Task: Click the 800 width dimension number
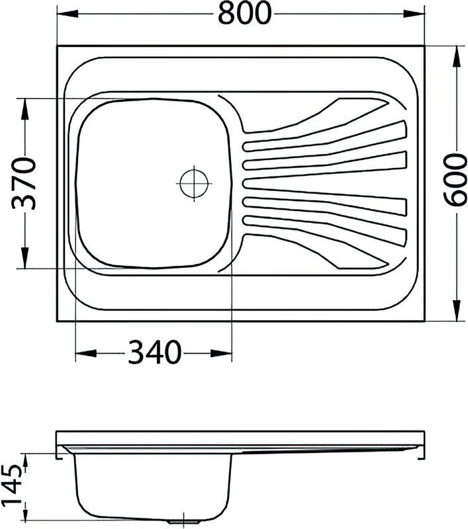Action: click(x=244, y=13)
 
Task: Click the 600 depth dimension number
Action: click(x=454, y=179)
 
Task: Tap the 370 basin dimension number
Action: click(x=24, y=183)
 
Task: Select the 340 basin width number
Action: click(x=154, y=352)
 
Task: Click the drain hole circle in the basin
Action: click(x=194, y=183)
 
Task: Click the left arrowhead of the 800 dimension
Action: click(x=68, y=13)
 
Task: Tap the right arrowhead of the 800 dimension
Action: click(x=414, y=13)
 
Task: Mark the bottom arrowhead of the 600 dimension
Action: click(x=457, y=310)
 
